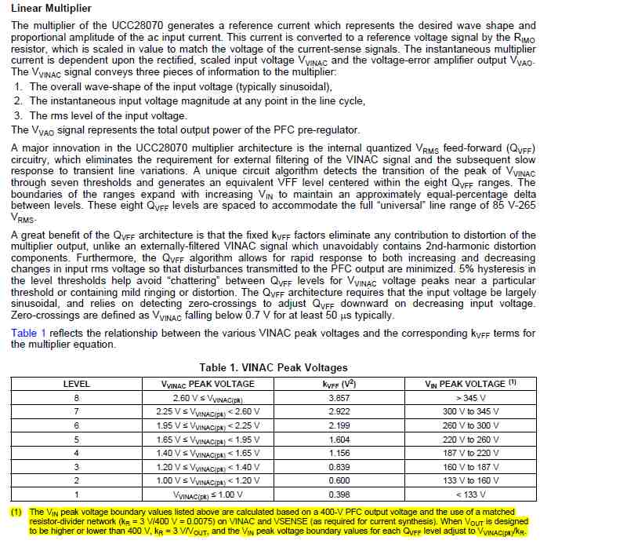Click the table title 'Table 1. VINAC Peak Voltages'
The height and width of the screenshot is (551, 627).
(274, 367)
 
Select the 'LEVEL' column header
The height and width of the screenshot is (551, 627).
(76, 384)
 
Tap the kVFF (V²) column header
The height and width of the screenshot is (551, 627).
(339, 384)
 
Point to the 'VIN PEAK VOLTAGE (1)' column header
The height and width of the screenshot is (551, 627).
(470, 384)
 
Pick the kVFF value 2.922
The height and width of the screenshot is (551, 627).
(339, 411)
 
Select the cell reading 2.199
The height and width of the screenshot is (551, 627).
(339, 425)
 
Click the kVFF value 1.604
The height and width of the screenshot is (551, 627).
(339, 440)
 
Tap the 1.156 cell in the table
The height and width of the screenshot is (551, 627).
(339, 453)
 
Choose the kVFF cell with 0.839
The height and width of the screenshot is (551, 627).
(339, 467)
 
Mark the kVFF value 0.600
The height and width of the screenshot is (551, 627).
(339, 480)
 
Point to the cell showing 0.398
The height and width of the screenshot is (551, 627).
(339, 494)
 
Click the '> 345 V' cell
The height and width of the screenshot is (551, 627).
(470, 398)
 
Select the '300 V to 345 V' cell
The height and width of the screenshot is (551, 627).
(470, 411)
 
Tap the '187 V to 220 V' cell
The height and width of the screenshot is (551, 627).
(470, 453)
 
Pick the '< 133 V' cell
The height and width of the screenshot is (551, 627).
(470, 494)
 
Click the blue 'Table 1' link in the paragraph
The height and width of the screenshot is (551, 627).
(28, 333)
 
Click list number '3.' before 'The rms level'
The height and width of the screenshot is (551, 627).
(18, 115)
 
